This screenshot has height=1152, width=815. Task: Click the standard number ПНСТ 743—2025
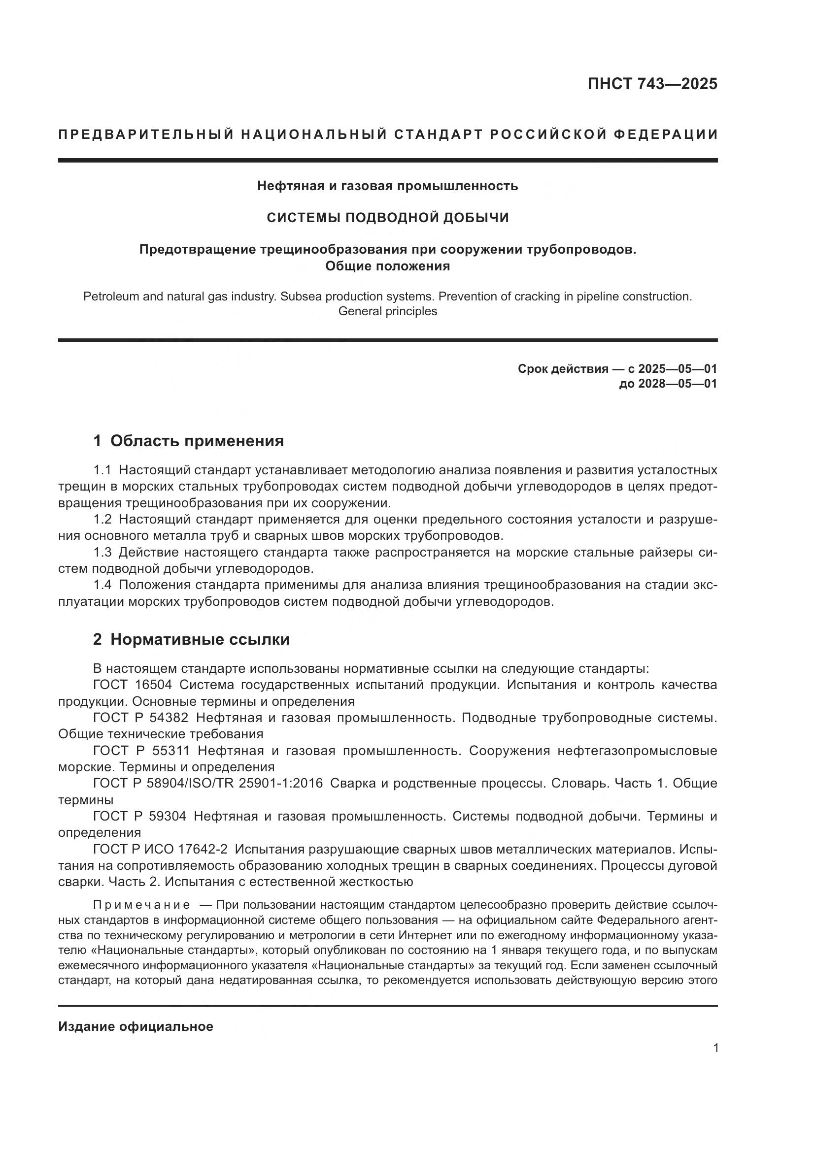(652, 84)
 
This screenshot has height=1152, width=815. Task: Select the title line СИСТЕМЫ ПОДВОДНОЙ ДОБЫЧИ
(387, 217)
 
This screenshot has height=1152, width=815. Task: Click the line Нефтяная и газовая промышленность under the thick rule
(387, 186)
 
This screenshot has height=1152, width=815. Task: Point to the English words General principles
(387, 311)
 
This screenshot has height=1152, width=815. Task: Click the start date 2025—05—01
(677, 369)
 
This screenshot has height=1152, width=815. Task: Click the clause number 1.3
(102, 553)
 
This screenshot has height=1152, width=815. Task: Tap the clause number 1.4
(102, 585)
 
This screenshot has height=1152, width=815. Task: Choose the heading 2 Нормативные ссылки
(191, 639)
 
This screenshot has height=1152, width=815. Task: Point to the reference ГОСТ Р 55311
(141, 751)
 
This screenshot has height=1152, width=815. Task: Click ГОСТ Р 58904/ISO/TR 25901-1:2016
(208, 783)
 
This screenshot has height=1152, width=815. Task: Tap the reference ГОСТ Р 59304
(139, 816)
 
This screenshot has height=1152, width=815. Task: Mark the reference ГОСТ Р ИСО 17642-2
(160, 849)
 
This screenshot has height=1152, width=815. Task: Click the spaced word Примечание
(141, 905)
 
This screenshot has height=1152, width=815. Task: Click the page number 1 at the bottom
(715, 1048)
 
